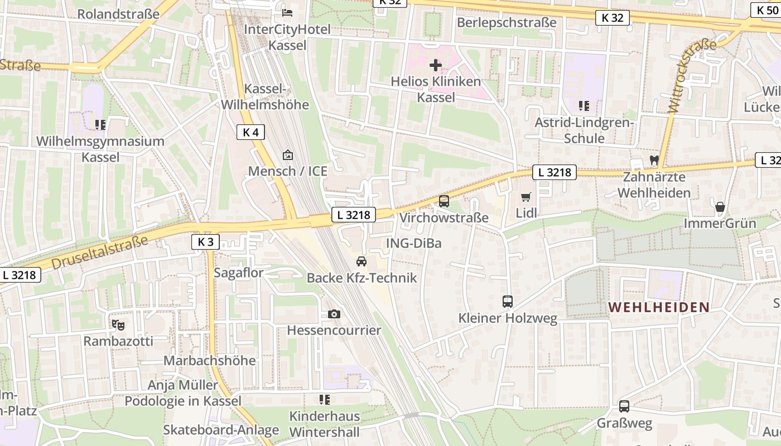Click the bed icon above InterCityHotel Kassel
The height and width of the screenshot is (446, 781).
pyautogui.click(x=287, y=12)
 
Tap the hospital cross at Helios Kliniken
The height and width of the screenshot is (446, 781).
pyautogui.click(x=435, y=66)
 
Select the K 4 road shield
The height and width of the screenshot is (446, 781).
pyautogui.click(x=250, y=132)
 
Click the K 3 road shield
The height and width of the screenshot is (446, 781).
pyautogui.click(x=205, y=241)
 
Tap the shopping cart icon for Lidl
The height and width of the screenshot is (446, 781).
pyautogui.click(x=526, y=197)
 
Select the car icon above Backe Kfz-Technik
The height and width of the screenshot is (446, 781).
pyautogui.click(x=361, y=261)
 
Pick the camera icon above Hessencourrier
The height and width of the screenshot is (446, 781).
pyautogui.click(x=334, y=314)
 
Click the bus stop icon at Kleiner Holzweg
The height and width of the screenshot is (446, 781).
pyautogui.click(x=508, y=302)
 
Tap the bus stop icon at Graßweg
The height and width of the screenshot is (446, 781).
pyautogui.click(x=624, y=406)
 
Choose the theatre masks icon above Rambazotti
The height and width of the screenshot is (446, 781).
pyautogui.click(x=118, y=324)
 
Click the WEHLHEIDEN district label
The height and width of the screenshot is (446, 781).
pyautogui.click(x=659, y=307)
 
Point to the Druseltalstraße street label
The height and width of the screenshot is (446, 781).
pyautogui.click(x=100, y=251)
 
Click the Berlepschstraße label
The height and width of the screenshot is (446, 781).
pyautogui.click(x=507, y=22)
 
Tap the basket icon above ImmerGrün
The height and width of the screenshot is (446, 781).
pyautogui.click(x=720, y=207)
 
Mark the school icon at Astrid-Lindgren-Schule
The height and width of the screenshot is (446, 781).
pyautogui.click(x=584, y=105)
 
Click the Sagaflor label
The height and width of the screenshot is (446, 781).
pyautogui.click(x=238, y=273)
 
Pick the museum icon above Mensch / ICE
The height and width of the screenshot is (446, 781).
pyautogui.click(x=288, y=154)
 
